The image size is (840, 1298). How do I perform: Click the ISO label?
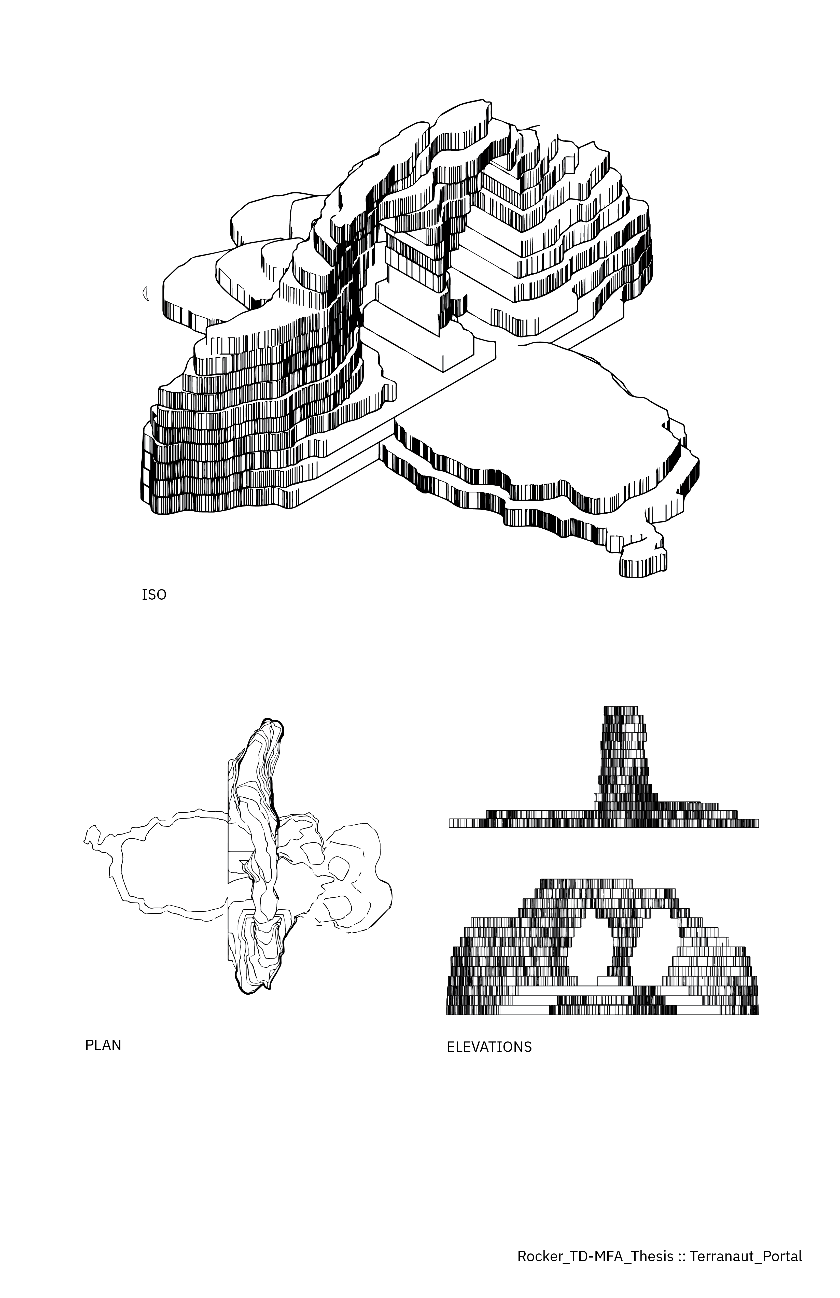point(154,595)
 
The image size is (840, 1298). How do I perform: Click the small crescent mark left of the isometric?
point(146,294)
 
